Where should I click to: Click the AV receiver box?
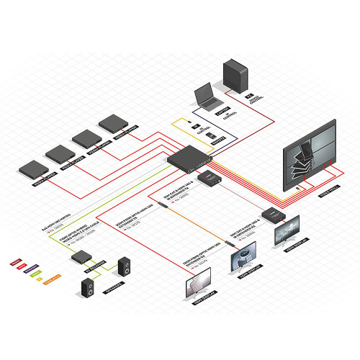click(x=81, y=256)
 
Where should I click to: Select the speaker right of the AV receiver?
click(x=124, y=267)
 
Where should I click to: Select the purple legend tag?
click(x=31, y=270)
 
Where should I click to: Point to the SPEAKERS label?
click(x=113, y=289)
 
